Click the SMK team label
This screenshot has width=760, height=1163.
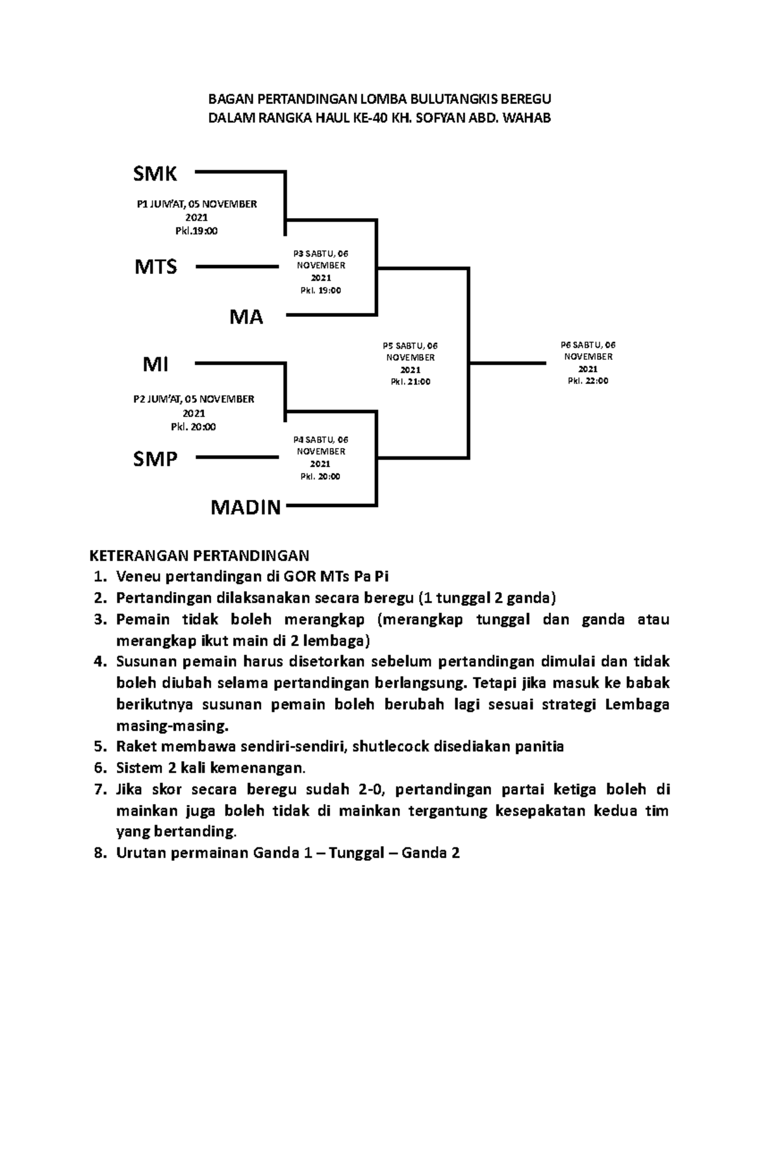pyautogui.click(x=155, y=173)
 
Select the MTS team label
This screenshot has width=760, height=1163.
pyautogui.click(x=156, y=267)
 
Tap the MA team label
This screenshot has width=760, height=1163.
pyautogui.click(x=246, y=317)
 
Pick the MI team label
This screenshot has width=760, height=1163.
pyautogui.click(x=155, y=364)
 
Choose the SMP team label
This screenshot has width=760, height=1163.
pyautogui.click(x=155, y=459)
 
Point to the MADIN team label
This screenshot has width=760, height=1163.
pyautogui.click(x=245, y=508)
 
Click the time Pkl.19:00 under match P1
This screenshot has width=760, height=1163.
pyautogui.click(x=196, y=231)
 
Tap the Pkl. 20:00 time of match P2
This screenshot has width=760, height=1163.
pyautogui.click(x=193, y=427)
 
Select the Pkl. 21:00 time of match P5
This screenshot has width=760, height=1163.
pyautogui.click(x=410, y=382)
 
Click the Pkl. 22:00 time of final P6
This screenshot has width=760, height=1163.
pyautogui.click(x=588, y=382)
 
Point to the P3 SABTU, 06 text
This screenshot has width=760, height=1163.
pyautogui.click(x=320, y=254)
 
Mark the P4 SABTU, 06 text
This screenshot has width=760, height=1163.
pyautogui.click(x=320, y=440)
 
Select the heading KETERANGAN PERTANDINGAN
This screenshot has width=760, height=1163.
pyautogui.click(x=199, y=556)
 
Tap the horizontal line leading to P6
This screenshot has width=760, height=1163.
pyautogui.click(x=507, y=363)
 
